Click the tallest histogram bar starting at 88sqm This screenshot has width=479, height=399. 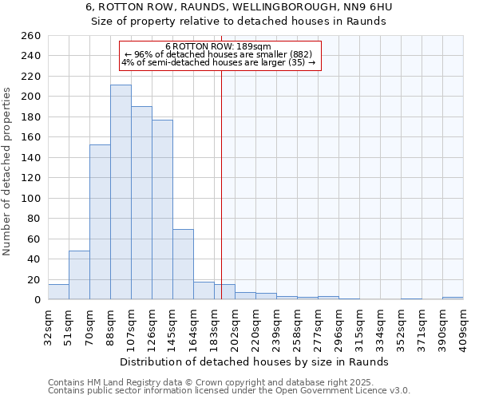121,192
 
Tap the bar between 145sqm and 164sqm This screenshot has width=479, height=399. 183,264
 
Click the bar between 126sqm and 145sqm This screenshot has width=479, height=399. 162,210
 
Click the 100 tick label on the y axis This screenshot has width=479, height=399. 30,198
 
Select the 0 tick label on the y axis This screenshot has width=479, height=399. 36,299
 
